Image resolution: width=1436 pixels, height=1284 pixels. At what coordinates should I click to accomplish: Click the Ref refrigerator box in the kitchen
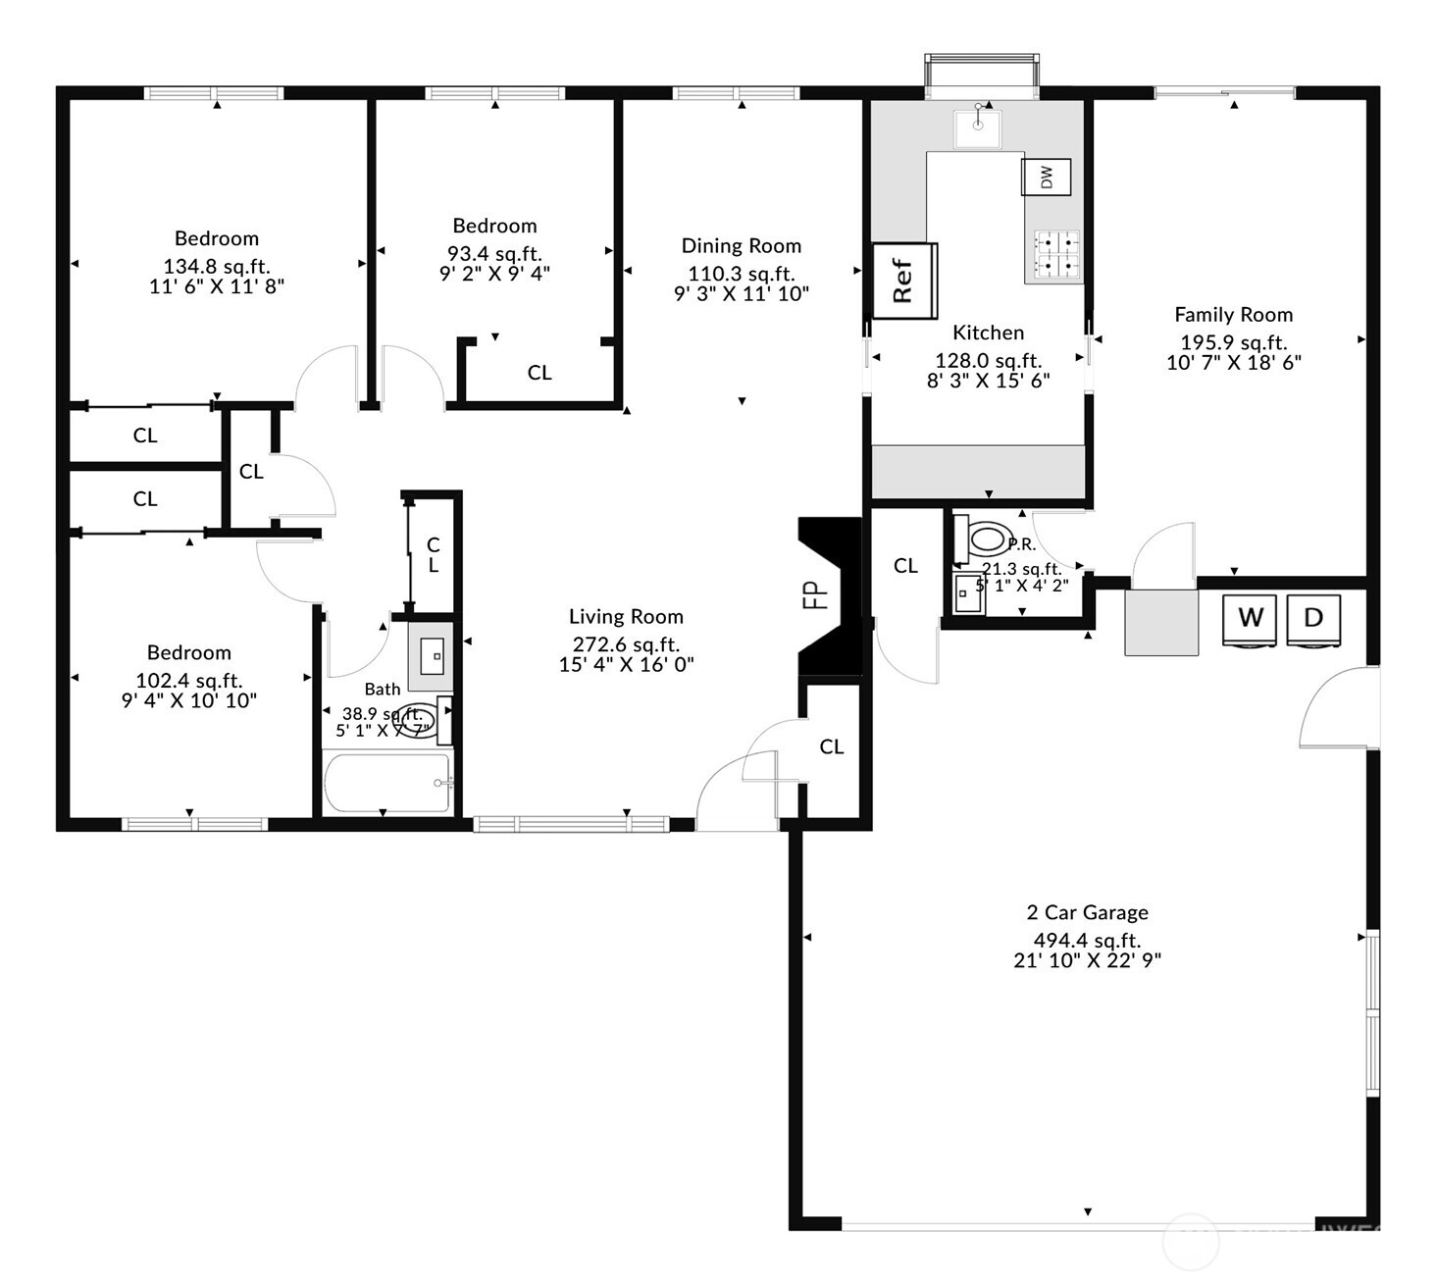[904, 281]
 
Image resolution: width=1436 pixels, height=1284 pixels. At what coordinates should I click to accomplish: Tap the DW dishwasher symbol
[1047, 178]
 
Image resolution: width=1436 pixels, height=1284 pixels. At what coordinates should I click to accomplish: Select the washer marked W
[1250, 619]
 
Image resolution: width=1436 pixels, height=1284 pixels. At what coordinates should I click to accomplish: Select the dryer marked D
[1312, 619]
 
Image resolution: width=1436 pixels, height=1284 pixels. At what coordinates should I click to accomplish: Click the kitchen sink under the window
[977, 128]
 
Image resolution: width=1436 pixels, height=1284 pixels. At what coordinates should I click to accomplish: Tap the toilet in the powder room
[983, 539]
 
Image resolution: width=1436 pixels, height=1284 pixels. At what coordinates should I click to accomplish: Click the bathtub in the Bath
[387, 783]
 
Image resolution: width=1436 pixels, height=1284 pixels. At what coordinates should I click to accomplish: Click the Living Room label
[626, 617]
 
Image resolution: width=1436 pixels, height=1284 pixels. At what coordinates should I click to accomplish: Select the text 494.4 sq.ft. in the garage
[1087, 941]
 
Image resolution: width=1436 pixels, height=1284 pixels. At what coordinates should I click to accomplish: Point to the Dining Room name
[741, 246]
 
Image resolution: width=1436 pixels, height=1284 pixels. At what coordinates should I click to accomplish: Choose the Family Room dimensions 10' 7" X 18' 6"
[1233, 362]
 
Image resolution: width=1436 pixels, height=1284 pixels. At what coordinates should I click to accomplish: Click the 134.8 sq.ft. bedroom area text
[216, 267]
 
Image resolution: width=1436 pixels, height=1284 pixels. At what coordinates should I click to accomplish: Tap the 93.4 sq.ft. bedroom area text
[494, 254]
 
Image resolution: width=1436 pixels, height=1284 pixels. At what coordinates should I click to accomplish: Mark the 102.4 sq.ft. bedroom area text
[188, 681]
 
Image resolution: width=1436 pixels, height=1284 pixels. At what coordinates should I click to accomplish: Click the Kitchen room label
[988, 333]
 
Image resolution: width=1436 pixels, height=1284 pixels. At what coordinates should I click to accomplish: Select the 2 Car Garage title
[1087, 912]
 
